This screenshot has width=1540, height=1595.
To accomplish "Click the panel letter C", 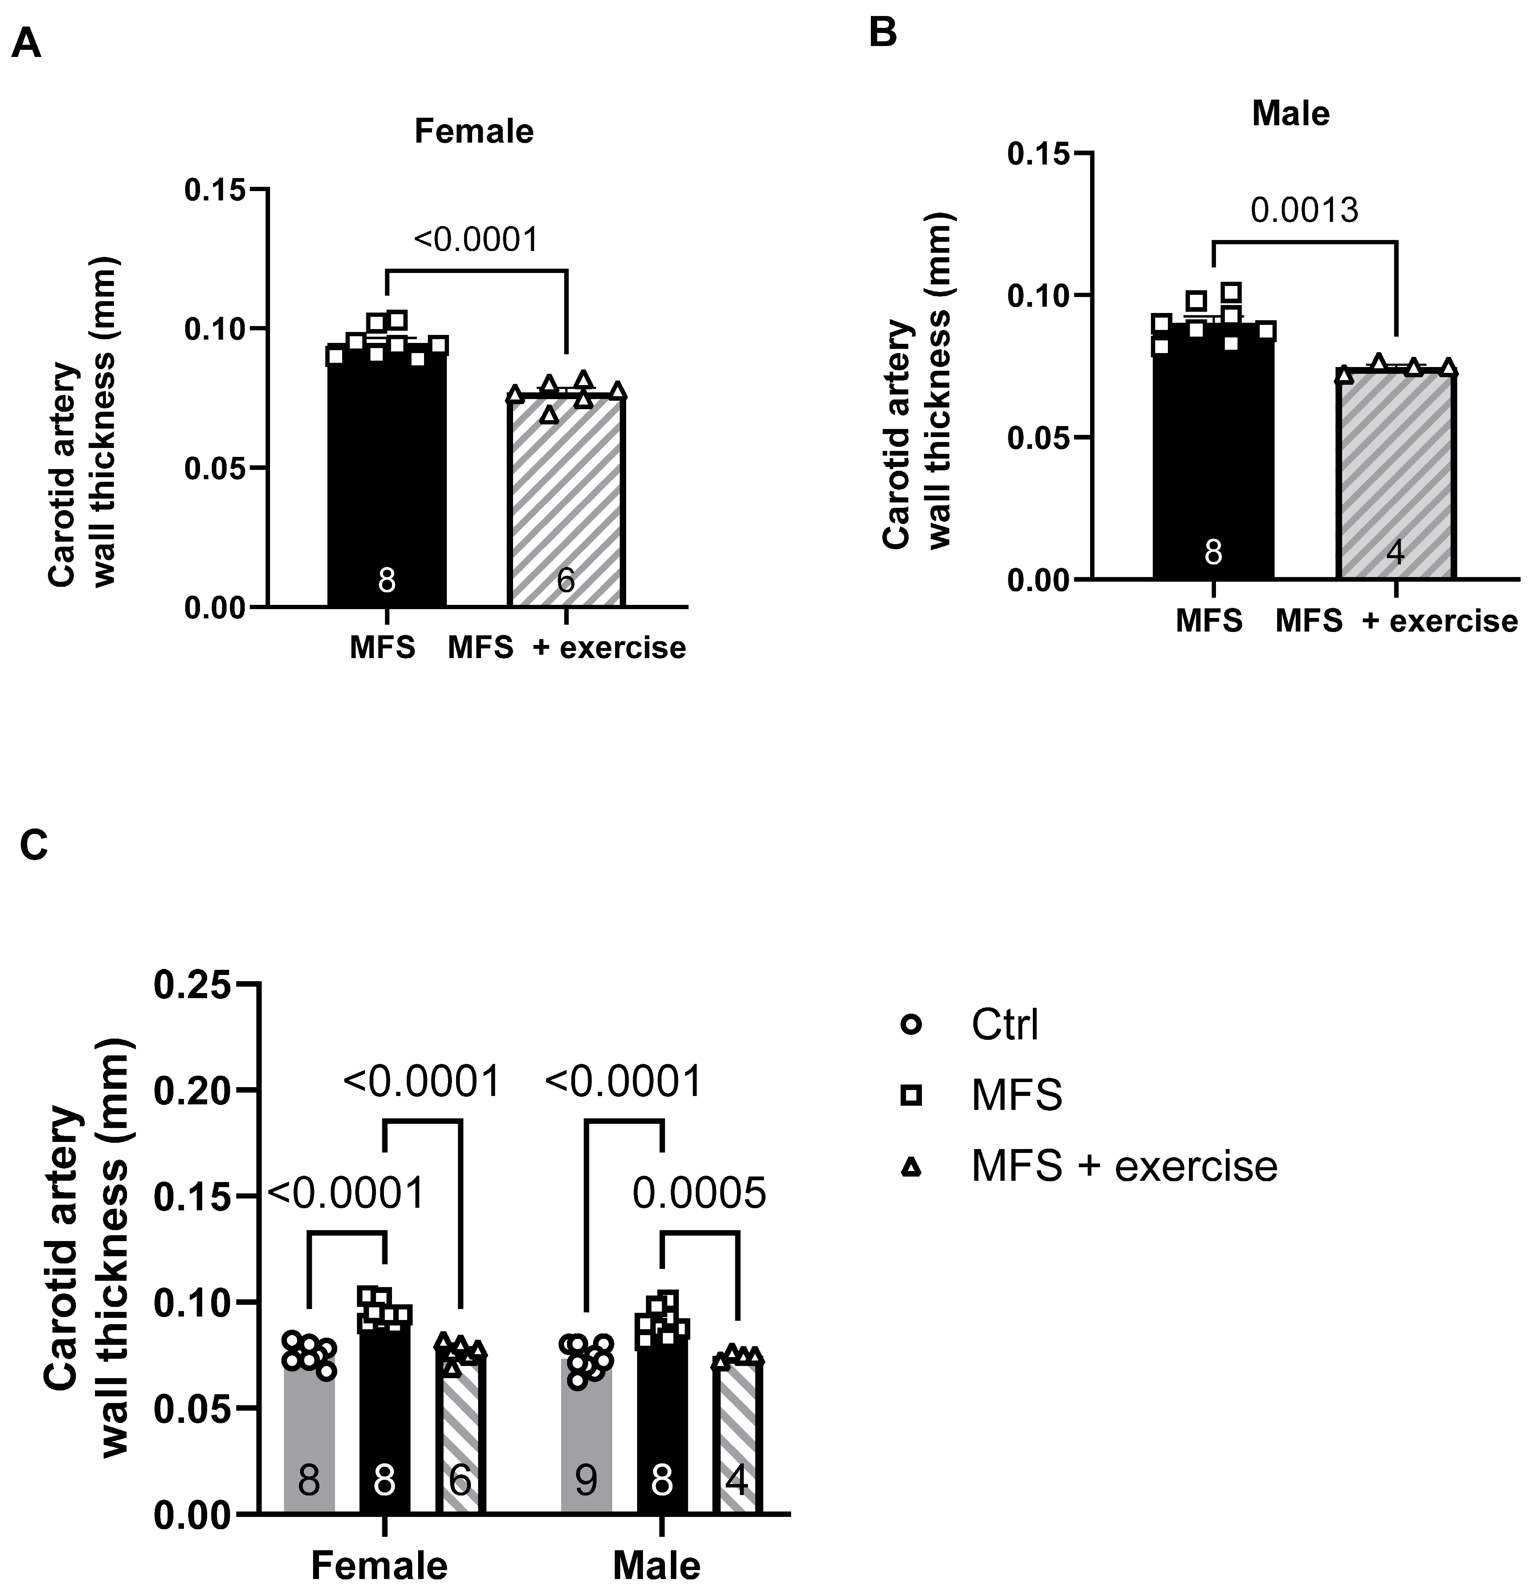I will coord(34,845).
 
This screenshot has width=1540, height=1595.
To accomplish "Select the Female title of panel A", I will coord(474,131).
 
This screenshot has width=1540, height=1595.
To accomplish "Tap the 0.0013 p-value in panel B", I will coord(1304,211).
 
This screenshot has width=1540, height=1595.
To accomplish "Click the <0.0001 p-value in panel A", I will coord(476,240).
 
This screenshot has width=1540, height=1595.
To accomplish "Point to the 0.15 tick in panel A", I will coord(214,189).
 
